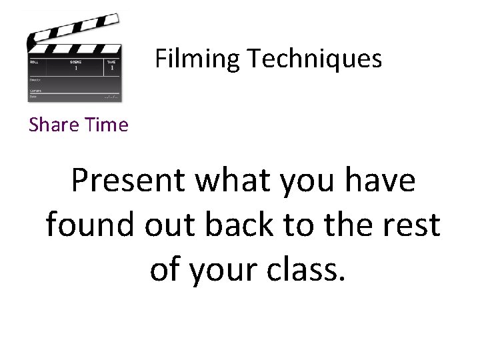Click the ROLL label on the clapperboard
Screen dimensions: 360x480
(34, 61)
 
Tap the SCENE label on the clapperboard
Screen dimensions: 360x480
(76, 61)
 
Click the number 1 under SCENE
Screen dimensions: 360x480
(76, 68)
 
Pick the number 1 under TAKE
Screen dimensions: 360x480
(112, 68)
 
